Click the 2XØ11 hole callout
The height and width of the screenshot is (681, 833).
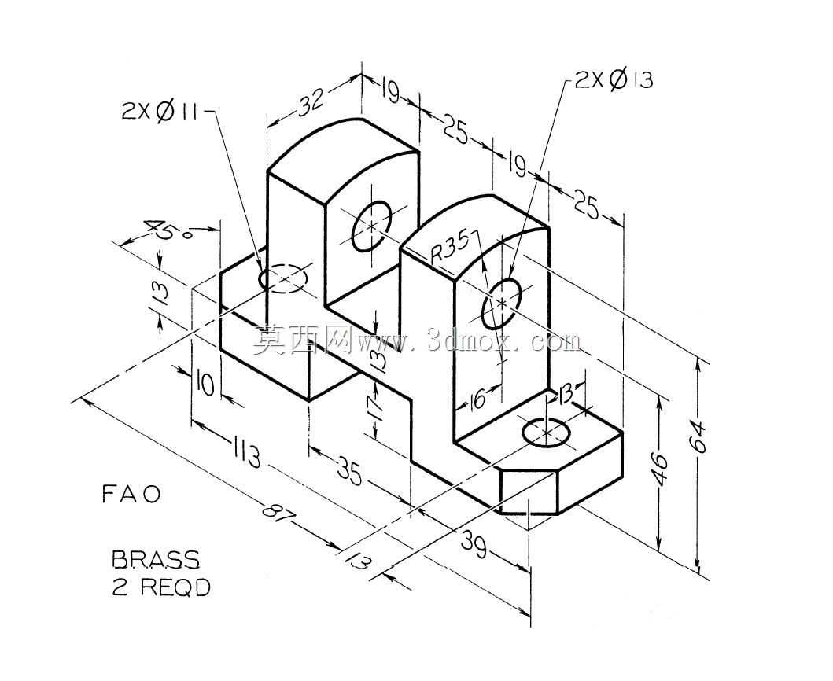(x=159, y=111)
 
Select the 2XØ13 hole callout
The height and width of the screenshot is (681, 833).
(x=614, y=79)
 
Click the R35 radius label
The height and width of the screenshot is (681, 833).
(x=450, y=248)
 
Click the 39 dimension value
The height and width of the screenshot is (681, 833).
(x=473, y=544)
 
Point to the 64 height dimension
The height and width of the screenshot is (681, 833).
(x=699, y=436)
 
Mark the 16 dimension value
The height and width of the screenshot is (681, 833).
(x=477, y=399)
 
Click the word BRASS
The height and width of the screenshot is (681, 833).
(x=156, y=559)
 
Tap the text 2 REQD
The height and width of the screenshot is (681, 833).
(x=161, y=587)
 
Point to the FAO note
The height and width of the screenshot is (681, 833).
(x=131, y=495)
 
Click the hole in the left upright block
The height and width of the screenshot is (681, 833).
(x=371, y=226)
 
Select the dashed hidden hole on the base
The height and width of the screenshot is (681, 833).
(x=282, y=278)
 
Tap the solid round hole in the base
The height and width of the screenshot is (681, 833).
(x=547, y=432)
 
